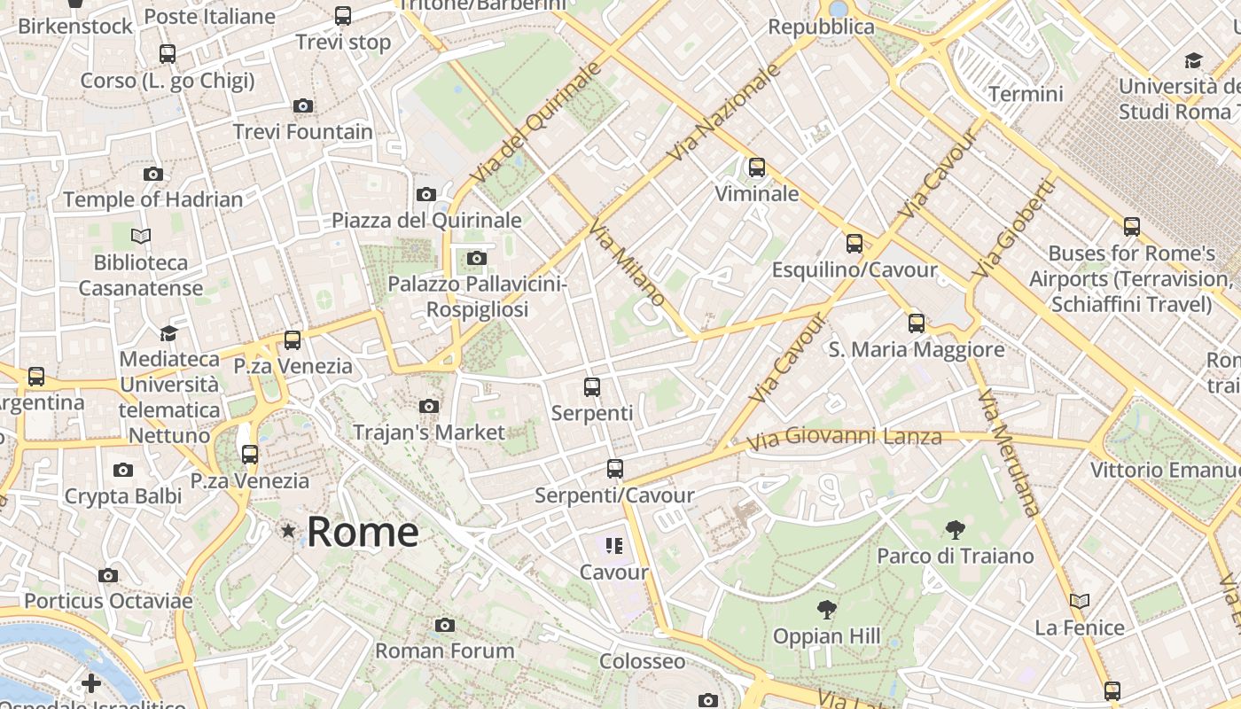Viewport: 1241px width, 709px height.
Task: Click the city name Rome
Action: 363,532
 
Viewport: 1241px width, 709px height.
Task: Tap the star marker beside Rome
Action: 288,531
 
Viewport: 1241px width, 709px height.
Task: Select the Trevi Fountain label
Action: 302,132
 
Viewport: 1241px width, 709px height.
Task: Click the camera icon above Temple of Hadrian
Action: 153,174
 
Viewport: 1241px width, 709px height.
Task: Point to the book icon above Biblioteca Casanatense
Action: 141,236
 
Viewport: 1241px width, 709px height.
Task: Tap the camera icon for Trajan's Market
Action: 429,406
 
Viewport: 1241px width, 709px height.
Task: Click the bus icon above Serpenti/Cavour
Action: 614,468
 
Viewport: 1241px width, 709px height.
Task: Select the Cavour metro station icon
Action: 614,545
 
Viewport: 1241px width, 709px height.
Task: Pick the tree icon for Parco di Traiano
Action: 955,530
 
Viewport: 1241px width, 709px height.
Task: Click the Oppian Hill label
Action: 827,636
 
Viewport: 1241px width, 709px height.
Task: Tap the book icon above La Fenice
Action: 1079,601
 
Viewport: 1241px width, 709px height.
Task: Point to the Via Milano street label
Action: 626,263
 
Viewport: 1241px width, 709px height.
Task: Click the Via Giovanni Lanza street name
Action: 844,438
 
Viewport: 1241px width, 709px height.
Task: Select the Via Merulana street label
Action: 1008,452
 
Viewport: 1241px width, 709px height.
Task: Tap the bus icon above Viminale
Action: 756,167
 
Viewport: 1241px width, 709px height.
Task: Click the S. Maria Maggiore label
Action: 917,350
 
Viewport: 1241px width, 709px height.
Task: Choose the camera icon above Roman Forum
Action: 445,625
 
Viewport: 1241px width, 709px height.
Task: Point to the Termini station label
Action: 1026,94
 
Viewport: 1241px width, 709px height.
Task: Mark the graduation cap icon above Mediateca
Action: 168,333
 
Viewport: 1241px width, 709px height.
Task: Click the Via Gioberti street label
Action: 1013,228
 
